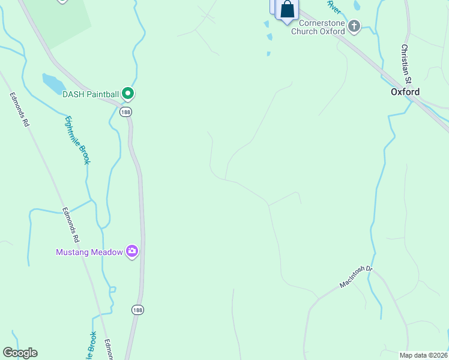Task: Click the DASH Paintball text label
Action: click(91, 94)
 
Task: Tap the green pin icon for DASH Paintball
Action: click(127, 93)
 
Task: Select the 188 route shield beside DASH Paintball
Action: click(125, 112)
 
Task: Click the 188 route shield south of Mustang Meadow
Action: click(137, 310)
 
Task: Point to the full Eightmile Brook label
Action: click(77, 140)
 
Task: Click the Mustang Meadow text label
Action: click(89, 252)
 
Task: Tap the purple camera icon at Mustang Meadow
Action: click(132, 251)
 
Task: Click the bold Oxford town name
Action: click(405, 92)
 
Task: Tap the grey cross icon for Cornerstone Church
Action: click(354, 26)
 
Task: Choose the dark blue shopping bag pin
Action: click(288, 10)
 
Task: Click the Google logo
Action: click(20, 353)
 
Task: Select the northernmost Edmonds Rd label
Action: click(19, 109)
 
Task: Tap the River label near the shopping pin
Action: click(334, 7)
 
